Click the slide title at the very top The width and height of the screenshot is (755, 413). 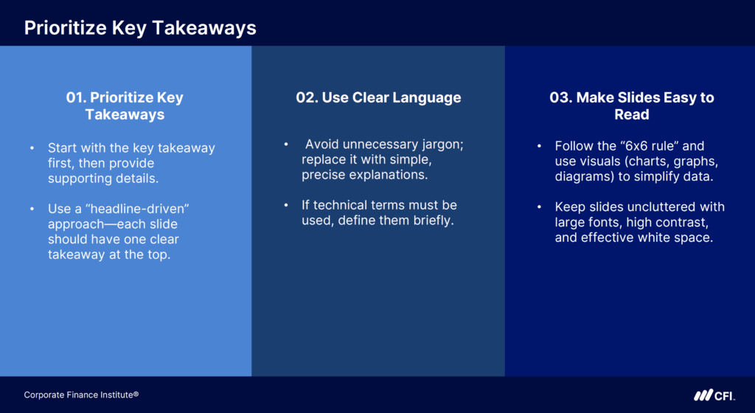140,27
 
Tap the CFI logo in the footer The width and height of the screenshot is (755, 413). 713,395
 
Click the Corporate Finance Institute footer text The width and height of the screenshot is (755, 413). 81,395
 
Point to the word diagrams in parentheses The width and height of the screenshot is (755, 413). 583,177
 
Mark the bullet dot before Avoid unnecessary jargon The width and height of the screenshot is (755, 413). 286,144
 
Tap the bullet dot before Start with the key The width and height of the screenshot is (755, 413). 32,148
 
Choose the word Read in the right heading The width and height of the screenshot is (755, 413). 632,115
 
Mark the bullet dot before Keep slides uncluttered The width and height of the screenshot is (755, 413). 539,207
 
